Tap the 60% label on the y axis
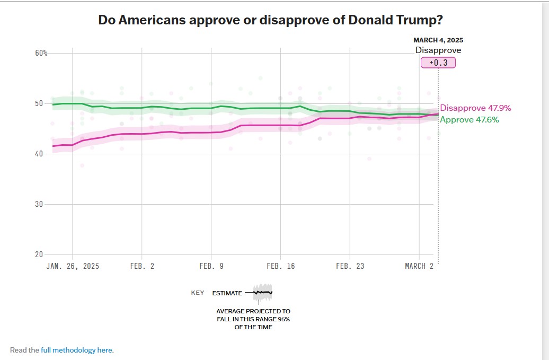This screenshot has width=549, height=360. pos(41,53)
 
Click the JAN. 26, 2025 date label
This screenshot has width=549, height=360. pos(73,266)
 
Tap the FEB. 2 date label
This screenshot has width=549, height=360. pos(142,266)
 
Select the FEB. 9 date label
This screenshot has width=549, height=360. pos(211,266)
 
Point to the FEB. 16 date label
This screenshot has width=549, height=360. pos(281,266)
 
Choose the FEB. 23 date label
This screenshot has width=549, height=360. pos(350,266)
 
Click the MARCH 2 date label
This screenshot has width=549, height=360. pos(419,266)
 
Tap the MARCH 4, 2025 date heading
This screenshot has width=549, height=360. pos(438,40)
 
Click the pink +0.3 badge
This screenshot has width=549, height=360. pos(438,63)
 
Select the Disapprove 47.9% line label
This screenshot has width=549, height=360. pos(475,108)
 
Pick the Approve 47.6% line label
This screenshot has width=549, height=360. pos(469,120)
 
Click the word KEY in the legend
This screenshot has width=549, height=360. pos(198,293)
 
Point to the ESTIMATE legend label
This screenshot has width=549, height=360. pos(227,293)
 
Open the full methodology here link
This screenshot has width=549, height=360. pos(77,350)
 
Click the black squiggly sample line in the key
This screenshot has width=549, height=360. pos(263,292)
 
